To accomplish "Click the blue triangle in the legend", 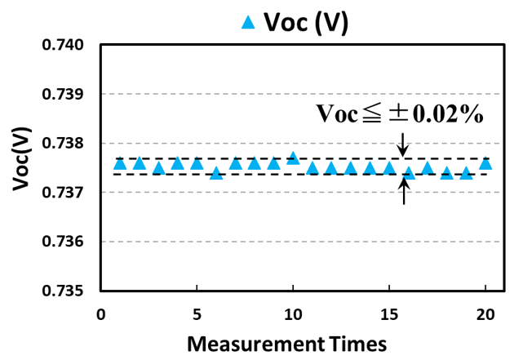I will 249,22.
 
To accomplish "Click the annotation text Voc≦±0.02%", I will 400,115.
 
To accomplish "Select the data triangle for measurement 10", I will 293,158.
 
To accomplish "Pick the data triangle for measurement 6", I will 216,172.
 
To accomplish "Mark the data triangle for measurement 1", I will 120,163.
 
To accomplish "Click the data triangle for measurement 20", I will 485,162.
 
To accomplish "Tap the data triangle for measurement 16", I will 409,172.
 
